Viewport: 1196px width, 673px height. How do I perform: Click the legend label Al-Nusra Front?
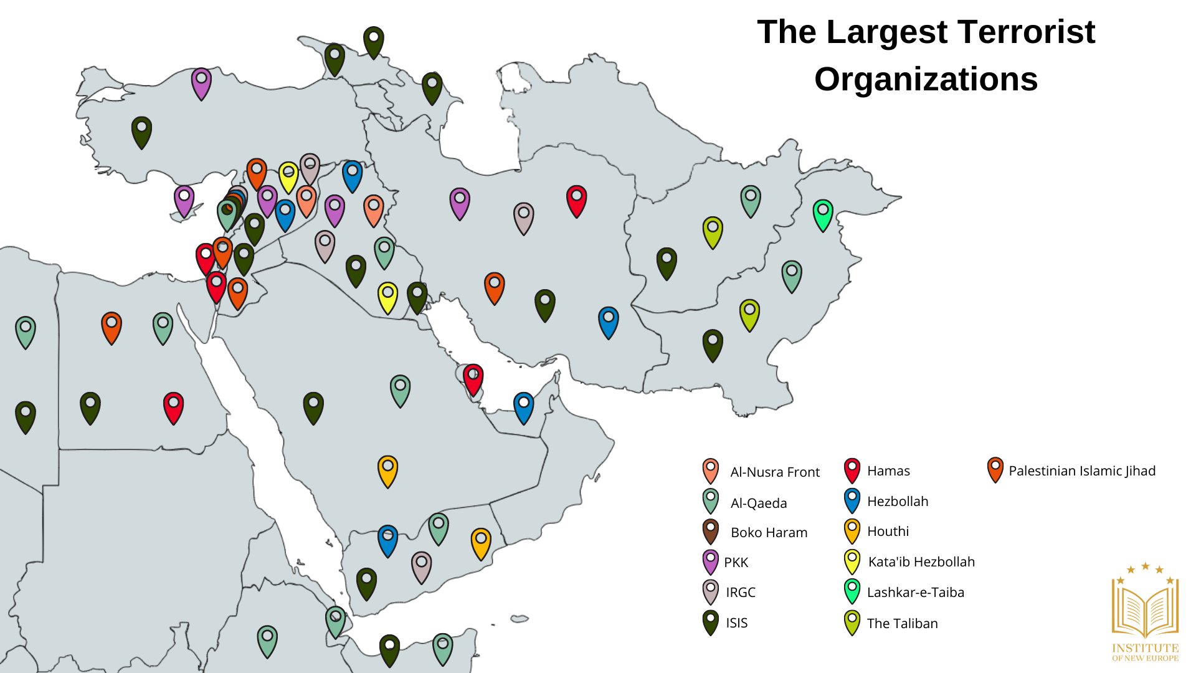[774, 472]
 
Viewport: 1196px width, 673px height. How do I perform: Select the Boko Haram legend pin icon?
[710, 532]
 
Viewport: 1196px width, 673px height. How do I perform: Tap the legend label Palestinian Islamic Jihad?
[1081, 470]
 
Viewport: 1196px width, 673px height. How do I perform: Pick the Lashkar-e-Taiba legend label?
[915, 592]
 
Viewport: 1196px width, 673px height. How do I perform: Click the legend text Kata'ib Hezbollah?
[921, 561]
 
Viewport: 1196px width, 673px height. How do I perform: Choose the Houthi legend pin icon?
[852, 530]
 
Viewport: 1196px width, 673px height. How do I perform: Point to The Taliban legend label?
[901, 623]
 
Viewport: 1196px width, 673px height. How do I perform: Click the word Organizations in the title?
[926, 80]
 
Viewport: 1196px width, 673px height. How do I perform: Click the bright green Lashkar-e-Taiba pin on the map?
[823, 214]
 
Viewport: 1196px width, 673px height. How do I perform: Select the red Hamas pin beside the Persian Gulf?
[473, 379]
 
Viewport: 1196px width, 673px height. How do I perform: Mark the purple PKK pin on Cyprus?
[184, 200]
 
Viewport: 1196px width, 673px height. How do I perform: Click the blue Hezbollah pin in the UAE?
[523, 407]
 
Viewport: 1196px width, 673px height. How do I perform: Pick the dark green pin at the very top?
[373, 41]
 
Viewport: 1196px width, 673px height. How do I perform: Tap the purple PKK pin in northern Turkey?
[201, 83]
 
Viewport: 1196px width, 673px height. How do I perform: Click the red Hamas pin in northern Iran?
[576, 200]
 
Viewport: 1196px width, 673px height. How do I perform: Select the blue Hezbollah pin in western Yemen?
[387, 540]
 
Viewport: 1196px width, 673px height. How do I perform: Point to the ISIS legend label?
[736, 623]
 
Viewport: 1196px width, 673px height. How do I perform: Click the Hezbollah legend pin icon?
[852, 500]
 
